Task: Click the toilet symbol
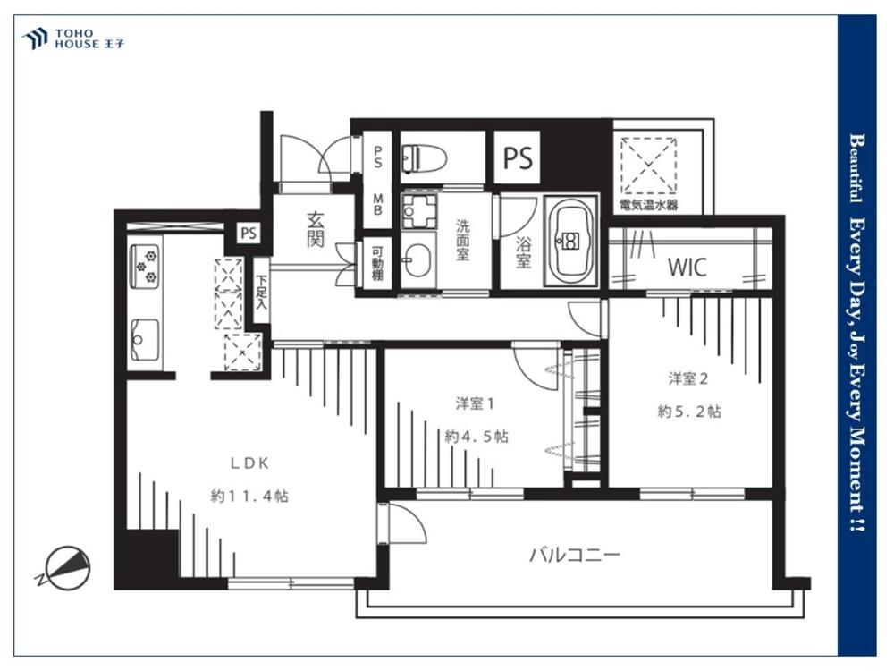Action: (x=424, y=157)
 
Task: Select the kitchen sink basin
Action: (x=145, y=340)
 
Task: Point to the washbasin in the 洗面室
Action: (x=417, y=259)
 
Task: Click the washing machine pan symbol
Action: (x=418, y=211)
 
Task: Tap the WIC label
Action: (x=687, y=267)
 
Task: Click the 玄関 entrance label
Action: (x=316, y=229)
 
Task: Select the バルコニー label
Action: (x=574, y=554)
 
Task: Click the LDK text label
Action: (x=249, y=463)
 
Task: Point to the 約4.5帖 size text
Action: (x=477, y=437)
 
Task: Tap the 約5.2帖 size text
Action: (x=689, y=411)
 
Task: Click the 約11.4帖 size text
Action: (x=249, y=496)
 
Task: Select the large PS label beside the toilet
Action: (x=518, y=157)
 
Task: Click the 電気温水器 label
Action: (x=649, y=204)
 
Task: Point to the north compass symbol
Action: (x=64, y=567)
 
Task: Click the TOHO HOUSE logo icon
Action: (x=35, y=38)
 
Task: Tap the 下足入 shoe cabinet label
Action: (x=261, y=293)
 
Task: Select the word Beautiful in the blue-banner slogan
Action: (x=856, y=168)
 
